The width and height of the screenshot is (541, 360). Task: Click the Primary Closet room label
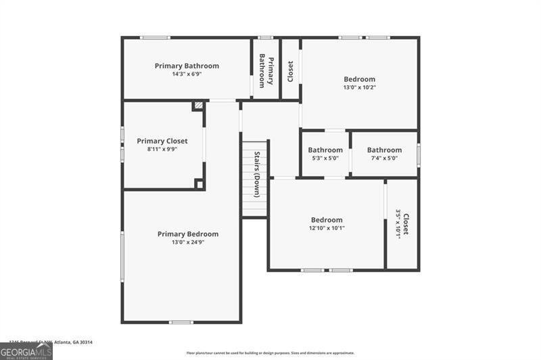[162, 141]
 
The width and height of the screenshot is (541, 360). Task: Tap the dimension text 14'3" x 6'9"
[187, 74]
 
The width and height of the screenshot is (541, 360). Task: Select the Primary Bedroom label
[188, 234]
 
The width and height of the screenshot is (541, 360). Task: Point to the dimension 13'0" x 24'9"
[188, 242]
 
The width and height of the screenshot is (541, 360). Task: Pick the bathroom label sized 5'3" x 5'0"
[325, 150]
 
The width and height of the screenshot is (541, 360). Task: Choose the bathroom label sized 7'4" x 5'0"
[384, 150]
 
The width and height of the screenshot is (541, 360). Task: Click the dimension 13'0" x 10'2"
[359, 87]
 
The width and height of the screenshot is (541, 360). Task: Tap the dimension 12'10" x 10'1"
[327, 228]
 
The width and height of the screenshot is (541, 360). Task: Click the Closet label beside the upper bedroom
[290, 70]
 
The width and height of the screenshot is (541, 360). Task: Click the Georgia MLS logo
[26, 351]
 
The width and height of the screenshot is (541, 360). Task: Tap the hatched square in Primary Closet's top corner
[198, 106]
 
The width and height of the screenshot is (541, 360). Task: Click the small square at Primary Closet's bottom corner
[199, 183]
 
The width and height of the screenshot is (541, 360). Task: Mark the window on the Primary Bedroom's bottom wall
[181, 322]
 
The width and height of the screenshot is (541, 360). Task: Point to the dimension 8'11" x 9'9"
[162, 149]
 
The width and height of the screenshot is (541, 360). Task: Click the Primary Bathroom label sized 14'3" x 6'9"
[187, 66]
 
